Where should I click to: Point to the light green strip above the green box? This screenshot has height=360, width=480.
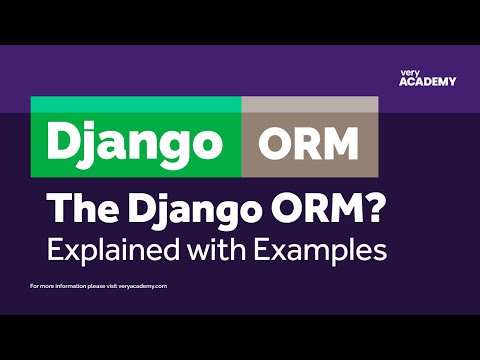pos(135,104)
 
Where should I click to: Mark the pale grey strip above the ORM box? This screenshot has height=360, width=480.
pos(309,104)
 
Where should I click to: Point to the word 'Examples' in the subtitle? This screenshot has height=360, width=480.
pos(323,248)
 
